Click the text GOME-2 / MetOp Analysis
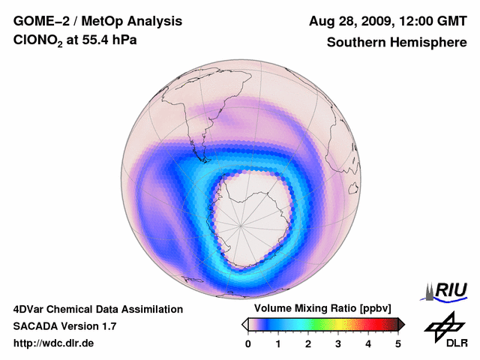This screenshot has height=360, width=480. tap(86, 22)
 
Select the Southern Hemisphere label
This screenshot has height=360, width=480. tap(397, 43)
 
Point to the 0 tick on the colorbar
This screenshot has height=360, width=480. tap(248, 343)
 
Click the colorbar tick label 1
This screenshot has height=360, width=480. tap(278, 343)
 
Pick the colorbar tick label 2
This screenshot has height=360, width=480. tap(308, 343)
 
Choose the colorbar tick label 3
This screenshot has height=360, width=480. tap(338, 343)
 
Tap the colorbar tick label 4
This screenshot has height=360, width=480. tap(368, 343)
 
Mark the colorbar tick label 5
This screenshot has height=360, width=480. tap(398, 343)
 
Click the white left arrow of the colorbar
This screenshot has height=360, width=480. tap(244, 324)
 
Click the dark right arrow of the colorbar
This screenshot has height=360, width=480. tap(402, 324)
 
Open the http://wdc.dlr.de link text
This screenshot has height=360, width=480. tap(54, 343)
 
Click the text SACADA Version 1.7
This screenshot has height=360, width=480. tap(64, 326)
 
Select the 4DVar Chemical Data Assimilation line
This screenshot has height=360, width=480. tap(97, 309)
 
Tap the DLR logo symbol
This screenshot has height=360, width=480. tap(442, 326)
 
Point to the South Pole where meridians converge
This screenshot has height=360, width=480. tap(241, 223)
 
